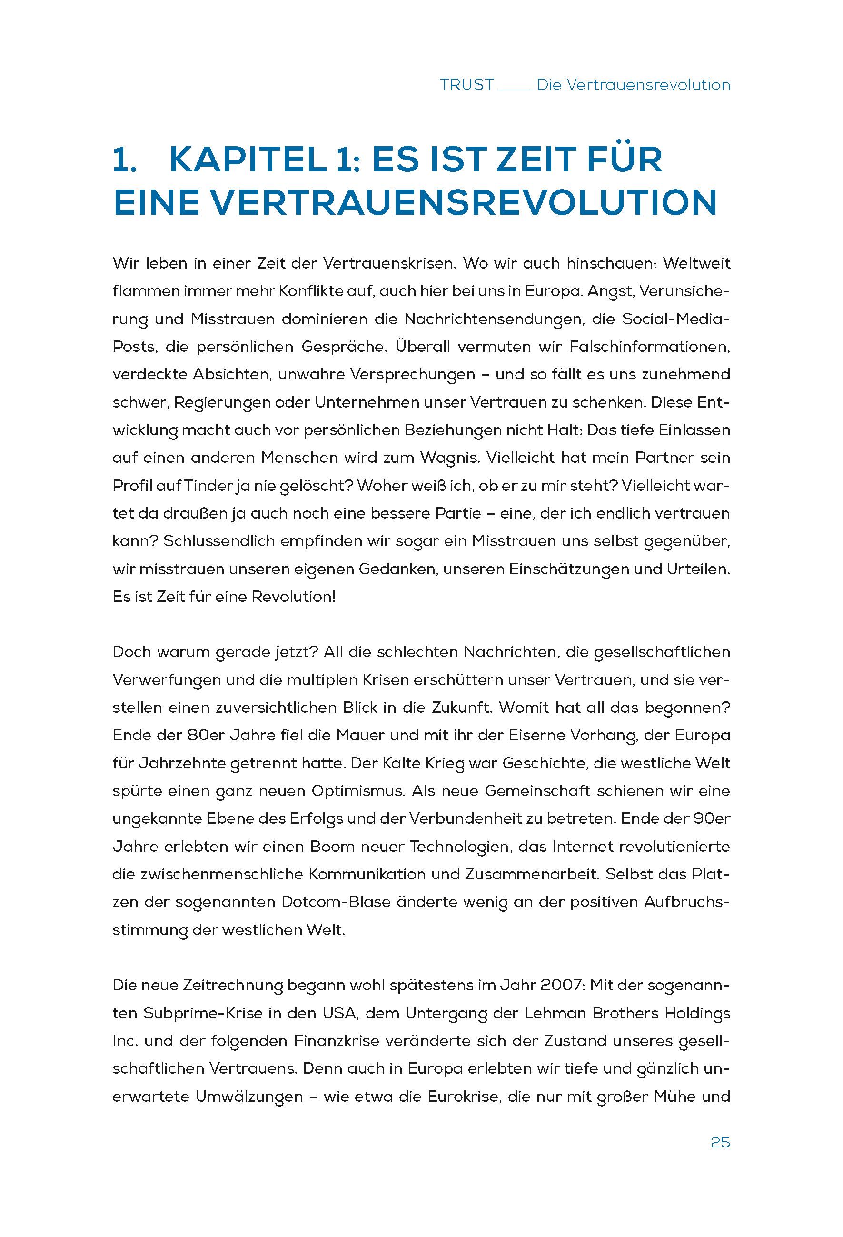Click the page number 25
pos(720,1143)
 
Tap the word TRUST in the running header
pos(467,85)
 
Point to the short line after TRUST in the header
pos(515,90)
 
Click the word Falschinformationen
pos(649,347)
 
